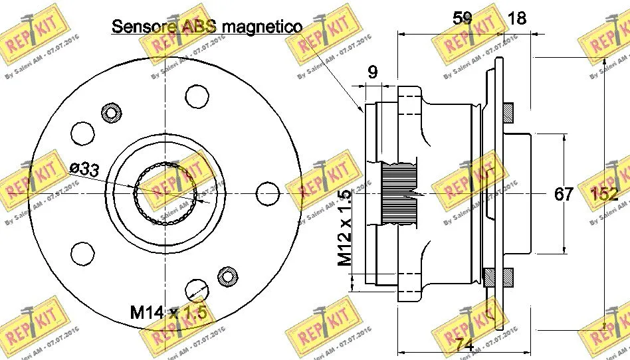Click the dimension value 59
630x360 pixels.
pyautogui.click(x=463, y=18)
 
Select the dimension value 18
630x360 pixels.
pyautogui.click(x=516, y=18)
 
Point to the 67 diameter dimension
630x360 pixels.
pyautogui.click(x=564, y=195)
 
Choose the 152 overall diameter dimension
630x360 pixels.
pyautogui.click(x=604, y=195)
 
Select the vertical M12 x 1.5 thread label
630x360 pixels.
pyautogui.click(x=344, y=228)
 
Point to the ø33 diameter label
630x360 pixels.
pyautogui.click(x=84, y=169)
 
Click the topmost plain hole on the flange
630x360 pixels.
pyautogui.click(x=197, y=96)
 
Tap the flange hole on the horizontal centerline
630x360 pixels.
pyautogui.click(x=266, y=192)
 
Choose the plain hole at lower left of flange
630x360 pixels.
pyautogui.click(x=82, y=253)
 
